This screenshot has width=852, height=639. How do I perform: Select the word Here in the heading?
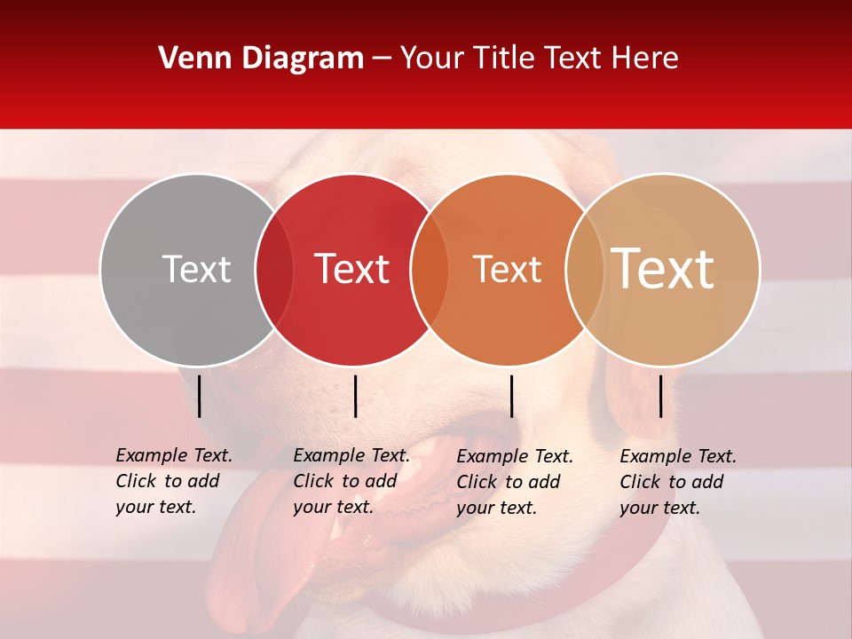[x=644, y=59]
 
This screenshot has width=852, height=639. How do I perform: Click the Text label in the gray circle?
[x=196, y=269]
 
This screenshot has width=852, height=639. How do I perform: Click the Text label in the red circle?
[x=352, y=269]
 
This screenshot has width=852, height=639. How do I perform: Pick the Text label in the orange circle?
[x=508, y=269]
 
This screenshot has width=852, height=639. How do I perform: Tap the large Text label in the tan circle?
[x=663, y=269]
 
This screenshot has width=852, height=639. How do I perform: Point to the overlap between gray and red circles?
[x=274, y=269]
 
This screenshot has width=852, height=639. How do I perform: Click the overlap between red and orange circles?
[x=430, y=269]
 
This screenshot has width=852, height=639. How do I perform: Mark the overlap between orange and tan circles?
[x=585, y=269]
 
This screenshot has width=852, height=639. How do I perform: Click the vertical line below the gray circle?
[x=199, y=396]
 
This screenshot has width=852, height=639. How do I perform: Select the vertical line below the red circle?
[x=355, y=396]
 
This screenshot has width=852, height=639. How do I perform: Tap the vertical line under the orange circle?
[x=511, y=396]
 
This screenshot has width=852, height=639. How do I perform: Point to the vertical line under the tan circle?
[x=660, y=396]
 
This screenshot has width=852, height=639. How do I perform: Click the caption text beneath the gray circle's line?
[x=174, y=481]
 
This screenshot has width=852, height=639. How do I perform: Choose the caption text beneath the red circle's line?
[x=351, y=481]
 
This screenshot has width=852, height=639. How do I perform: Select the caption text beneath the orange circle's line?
[x=515, y=482]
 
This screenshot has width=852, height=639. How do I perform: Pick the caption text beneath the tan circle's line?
[x=678, y=482]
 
